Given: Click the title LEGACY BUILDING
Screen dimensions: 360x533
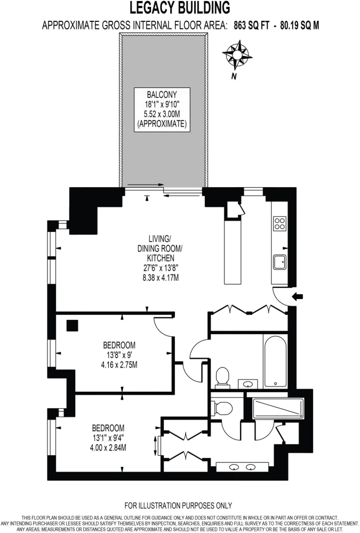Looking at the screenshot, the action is click(x=180, y=7).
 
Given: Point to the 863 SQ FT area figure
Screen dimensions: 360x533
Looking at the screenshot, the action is click(x=251, y=26).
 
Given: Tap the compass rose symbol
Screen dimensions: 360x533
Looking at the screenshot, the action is click(x=237, y=54).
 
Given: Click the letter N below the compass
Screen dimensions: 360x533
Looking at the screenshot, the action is click(x=234, y=76).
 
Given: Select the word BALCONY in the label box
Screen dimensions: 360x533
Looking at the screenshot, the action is click(x=162, y=94).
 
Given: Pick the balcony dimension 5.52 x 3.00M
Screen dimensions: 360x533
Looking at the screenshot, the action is click(x=162, y=114).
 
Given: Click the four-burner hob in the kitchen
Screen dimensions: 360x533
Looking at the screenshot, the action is click(x=279, y=224).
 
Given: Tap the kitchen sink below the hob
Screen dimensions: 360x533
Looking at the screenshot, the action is click(x=279, y=262).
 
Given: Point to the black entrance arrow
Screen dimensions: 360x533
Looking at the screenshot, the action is click(x=298, y=297).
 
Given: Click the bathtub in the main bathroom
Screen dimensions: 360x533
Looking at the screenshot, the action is click(x=275, y=361).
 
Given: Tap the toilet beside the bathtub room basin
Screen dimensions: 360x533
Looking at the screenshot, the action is click(x=223, y=377).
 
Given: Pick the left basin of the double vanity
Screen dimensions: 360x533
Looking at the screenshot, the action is click(x=234, y=467).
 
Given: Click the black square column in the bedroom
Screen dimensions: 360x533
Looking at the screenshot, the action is click(x=72, y=326).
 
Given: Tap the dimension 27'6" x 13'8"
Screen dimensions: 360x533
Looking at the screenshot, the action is click(x=161, y=268).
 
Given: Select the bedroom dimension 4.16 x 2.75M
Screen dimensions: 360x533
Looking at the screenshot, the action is click(x=119, y=365).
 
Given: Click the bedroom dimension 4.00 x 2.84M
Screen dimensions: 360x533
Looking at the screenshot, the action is click(x=108, y=448).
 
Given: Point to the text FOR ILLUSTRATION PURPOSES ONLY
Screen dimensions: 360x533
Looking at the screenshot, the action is click(x=178, y=505).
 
